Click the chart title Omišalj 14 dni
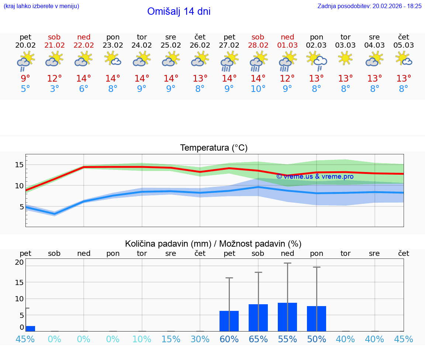pos(179,11)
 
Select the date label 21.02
pos(55,45)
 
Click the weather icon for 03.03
pos(346,59)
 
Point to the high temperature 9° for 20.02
pos(25,79)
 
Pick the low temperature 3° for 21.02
pos(55,89)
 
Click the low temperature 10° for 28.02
pos(258,89)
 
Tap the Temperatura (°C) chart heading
pos(214,148)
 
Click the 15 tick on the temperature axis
pos(19,165)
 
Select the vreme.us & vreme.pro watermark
pos(315,176)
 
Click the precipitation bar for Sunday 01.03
pos(287,317)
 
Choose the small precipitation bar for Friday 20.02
pos(30,329)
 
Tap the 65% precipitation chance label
pos(258,339)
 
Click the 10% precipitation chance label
pos(142,339)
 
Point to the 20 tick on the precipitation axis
pos(19,263)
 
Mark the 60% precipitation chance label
pos(229,339)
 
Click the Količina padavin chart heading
pos(213,244)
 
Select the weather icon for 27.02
pos(229,61)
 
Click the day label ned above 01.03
pos(287,37)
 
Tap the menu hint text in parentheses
pos(41,6)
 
